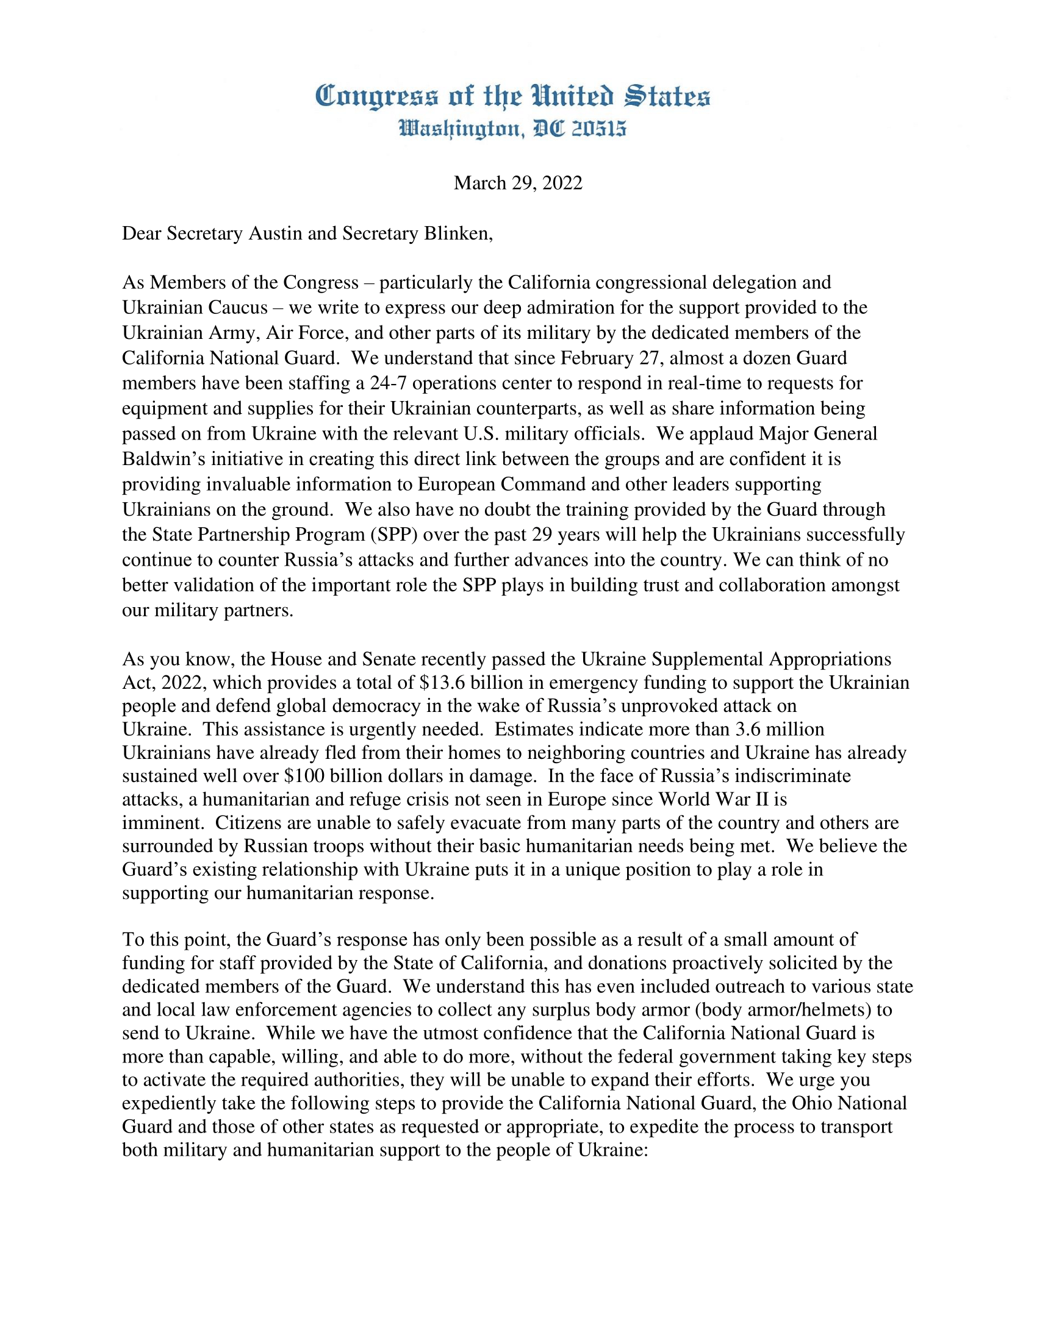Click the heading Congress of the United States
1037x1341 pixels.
[512, 97]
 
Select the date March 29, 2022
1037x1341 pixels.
[518, 183]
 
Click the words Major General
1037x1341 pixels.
[817, 433]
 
